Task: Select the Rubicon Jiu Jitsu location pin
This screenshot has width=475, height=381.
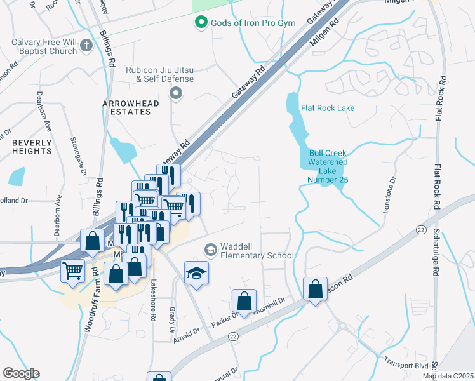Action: tap(176, 94)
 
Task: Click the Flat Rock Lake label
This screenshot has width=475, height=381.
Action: tap(328, 108)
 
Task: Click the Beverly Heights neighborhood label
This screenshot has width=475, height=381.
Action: tap(31, 147)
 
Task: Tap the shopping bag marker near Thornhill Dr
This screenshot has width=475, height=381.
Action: tap(244, 301)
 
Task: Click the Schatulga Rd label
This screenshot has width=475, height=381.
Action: tap(435, 246)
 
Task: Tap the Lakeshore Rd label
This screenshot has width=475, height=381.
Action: tap(153, 302)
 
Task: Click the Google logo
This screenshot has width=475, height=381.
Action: tap(21, 373)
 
